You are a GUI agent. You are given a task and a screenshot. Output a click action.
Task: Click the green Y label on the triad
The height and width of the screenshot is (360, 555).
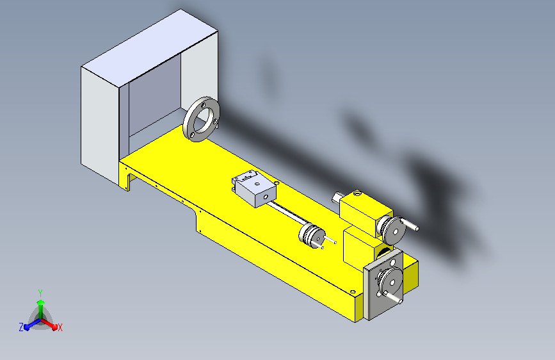[40, 291]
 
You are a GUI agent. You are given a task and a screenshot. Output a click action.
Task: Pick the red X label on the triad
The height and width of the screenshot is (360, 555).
[60, 327]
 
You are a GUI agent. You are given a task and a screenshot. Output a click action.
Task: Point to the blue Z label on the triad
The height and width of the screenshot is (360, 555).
[21, 327]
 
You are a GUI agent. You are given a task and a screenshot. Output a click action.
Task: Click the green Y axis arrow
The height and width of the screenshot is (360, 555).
[40, 304]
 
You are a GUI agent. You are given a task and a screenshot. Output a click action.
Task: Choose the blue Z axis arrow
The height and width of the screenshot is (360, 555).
[29, 324]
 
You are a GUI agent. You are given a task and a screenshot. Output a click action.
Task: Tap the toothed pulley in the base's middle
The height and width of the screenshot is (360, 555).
[311, 234]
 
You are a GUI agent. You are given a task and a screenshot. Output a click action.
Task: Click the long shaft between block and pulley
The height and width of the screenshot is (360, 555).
[286, 213]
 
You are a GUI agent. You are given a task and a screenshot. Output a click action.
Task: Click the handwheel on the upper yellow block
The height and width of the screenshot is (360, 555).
[391, 229]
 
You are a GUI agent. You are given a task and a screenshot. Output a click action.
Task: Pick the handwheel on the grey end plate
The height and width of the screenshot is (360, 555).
[389, 280]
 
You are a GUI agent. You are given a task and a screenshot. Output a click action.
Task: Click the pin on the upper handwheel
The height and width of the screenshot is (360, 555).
[412, 225]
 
